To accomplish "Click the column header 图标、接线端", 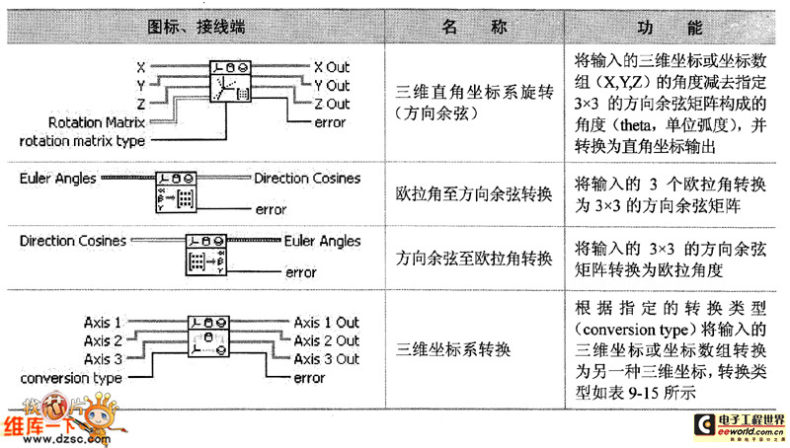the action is pyautogui.click(x=196, y=27).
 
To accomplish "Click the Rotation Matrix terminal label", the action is pyautogui.click(x=97, y=122).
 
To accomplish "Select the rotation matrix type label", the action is pyautogui.click(x=82, y=141).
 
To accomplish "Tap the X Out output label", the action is pyautogui.click(x=332, y=67).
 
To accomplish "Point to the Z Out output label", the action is pyautogui.click(x=332, y=104).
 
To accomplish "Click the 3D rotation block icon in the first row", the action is pyautogui.click(x=230, y=82).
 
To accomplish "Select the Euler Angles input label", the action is pyautogui.click(x=57, y=179).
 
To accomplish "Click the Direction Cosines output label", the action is pyautogui.click(x=307, y=179).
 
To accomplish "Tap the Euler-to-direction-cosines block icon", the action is pyautogui.click(x=176, y=192).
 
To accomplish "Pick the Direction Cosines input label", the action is pyautogui.click(x=72, y=241).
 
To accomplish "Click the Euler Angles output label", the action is pyautogui.click(x=323, y=242).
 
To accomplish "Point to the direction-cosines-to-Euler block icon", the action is pyautogui.click(x=206, y=255).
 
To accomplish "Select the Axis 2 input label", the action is pyautogui.click(x=103, y=340).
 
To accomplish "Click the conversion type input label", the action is pyautogui.click(x=71, y=378).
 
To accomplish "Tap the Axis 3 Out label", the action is pyautogui.click(x=327, y=359).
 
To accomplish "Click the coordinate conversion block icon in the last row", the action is pyautogui.click(x=208, y=336).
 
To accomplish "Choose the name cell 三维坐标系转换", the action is pyautogui.click(x=453, y=349).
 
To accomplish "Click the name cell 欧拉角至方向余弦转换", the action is pyautogui.click(x=474, y=193).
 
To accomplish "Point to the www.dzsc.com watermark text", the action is pyautogui.click(x=66, y=439).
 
